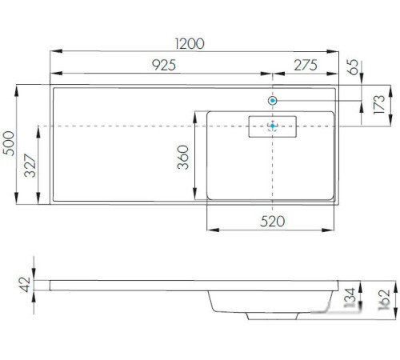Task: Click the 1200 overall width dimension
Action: (190, 44)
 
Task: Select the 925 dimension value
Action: (164, 65)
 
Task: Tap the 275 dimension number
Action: (306, 65)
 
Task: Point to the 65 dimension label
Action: (353, 67)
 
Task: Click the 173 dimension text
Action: (379, 105)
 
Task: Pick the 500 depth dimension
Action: (9, 143)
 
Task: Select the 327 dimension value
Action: (30, 166)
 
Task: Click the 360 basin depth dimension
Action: (183, 158)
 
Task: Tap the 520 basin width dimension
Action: (272, 222)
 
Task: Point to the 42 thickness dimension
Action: (25, 285)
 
